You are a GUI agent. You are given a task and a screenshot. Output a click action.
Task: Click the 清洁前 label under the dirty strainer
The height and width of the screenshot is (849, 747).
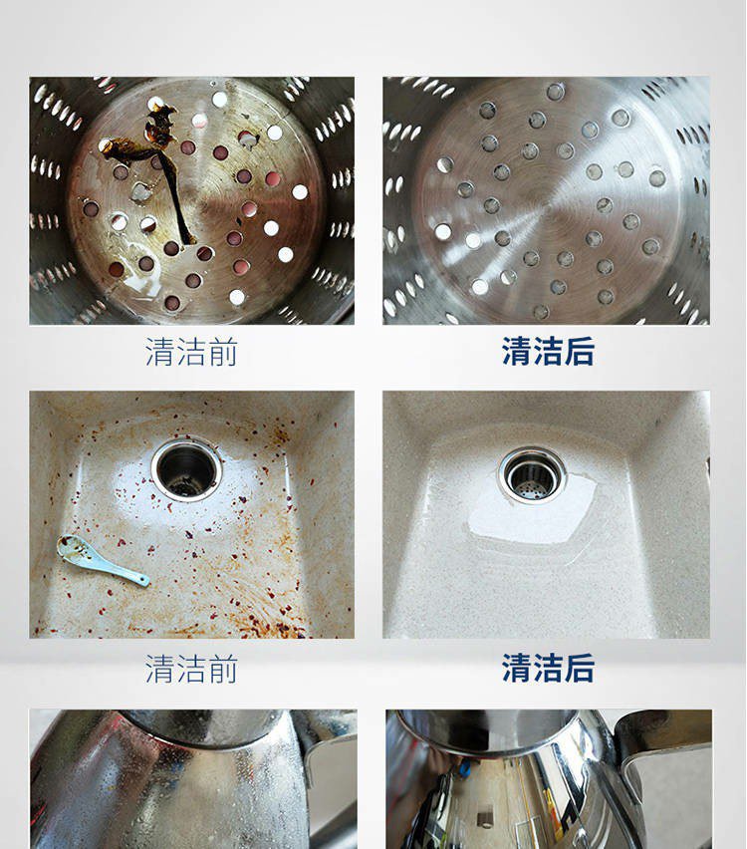tap(191, 352)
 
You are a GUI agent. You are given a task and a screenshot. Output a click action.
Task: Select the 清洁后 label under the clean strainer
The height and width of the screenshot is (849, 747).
tap(548, 352)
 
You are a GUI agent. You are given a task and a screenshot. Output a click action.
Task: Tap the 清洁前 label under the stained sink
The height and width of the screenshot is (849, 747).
tap(191, 669)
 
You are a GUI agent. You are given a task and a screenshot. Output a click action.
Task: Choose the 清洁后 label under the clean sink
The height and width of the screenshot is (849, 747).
tap(548, 669)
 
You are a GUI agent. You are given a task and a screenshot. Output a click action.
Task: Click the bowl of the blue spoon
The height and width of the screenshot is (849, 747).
tap(75, 548)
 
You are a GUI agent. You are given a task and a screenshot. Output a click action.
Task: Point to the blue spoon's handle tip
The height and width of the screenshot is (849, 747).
tap(145, 583)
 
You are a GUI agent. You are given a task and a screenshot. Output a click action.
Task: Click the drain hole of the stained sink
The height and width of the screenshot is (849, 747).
tap(186, 469)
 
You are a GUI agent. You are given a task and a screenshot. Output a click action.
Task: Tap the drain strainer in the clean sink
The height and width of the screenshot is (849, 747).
tap(532, 475)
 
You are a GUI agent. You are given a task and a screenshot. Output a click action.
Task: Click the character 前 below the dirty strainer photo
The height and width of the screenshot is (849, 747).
tap(222, 352)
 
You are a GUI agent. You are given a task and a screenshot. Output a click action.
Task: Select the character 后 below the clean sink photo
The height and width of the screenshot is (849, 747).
tap(580, 669)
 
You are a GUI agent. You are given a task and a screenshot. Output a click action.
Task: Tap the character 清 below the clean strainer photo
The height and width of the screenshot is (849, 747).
tap(516, 352)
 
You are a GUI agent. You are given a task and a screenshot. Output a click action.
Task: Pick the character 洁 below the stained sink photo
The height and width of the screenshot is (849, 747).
tap(191, 669)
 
